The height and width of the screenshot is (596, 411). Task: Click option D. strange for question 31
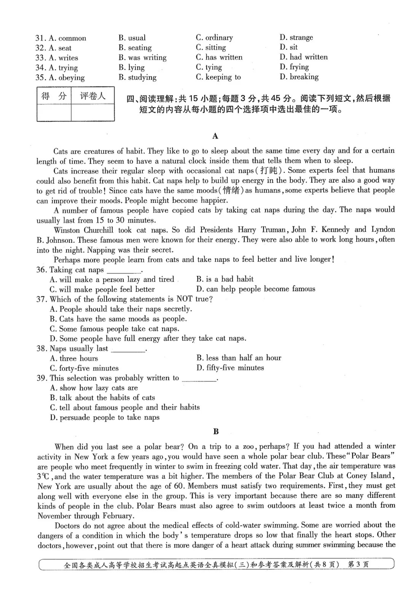click(296, 37)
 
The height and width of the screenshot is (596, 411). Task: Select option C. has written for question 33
click(219, 57)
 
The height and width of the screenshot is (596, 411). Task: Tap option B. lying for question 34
click(131, 67)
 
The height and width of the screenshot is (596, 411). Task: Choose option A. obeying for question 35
click(67, 78)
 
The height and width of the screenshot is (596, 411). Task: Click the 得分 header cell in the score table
click(54, 96)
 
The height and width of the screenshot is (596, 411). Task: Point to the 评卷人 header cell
click(92, 96)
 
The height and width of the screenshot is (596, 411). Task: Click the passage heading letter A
click(215, 136)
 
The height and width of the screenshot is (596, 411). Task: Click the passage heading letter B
click(216, 432)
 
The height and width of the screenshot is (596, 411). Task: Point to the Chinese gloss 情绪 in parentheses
click(231, 190)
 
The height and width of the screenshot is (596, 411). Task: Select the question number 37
click(41, 299)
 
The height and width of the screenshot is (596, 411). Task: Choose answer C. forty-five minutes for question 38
click(84, 368)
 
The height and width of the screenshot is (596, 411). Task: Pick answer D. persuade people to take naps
click(105, 418)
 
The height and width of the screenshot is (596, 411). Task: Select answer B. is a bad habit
click(225, 279)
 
